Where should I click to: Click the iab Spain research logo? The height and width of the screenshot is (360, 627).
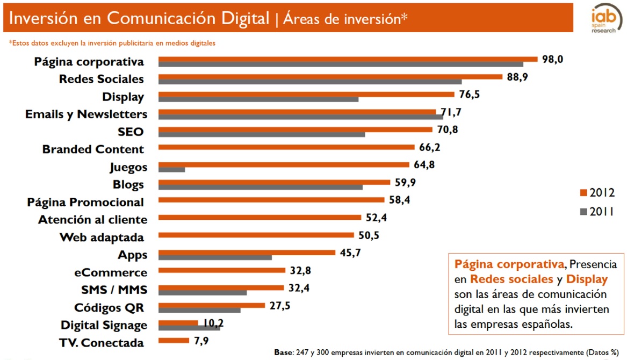coord(603,20)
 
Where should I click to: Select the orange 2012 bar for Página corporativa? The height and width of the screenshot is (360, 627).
coord(348,59)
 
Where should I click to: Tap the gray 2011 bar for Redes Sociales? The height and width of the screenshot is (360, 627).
coord(310,82)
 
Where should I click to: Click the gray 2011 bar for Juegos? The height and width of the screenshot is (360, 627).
coord(172,170)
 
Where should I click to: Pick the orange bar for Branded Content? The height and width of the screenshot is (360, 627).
coord(287,147)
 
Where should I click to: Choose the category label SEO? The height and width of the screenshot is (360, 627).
coord(131,132)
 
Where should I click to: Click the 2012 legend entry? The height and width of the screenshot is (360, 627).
coord(597,193)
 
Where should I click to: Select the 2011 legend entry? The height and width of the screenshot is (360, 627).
coord(597,212)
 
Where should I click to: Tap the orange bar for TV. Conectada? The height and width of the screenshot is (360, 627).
coord(174,340)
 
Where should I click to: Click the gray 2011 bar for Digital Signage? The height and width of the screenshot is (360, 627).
coord(190,328)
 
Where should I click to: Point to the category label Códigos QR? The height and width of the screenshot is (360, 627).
coord(109,308)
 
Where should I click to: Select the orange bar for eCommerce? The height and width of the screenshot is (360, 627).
coord(222,270)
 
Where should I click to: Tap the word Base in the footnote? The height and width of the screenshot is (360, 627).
coord(284,352)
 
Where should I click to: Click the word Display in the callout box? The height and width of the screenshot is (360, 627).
coord(587,279)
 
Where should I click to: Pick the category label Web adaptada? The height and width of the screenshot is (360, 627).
coord(102,237)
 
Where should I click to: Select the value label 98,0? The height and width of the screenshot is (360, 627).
coord(552,59)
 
